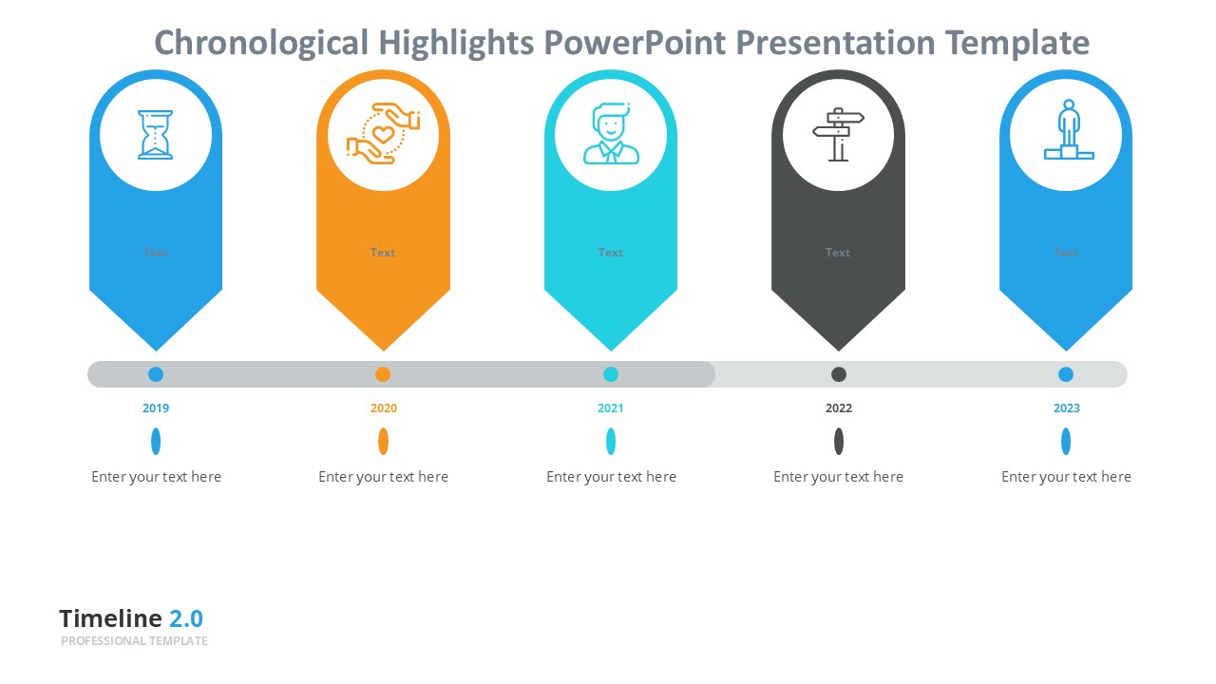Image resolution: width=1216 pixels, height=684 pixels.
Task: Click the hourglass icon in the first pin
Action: pos(156,135)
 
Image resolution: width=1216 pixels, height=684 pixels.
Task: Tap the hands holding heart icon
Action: pos(383,134)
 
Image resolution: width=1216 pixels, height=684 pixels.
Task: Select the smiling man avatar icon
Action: pos(611,135)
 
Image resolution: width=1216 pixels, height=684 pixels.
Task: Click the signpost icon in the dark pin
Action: pos(838,135)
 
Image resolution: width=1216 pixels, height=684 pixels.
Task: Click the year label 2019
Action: pos(156,408)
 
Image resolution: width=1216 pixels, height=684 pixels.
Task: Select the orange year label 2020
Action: pos(384,408)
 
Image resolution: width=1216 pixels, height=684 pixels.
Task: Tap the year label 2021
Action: pos(611,408)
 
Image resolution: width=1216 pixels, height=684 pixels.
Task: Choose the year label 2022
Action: pos(839,408)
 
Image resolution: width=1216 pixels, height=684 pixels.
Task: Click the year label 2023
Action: pos(1066,408)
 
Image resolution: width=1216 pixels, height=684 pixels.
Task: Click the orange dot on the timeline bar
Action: pos(383,374)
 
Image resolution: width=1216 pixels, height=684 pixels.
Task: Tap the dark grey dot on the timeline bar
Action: pos(839,374)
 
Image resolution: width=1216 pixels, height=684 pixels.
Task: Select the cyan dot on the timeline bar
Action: pos(611,374)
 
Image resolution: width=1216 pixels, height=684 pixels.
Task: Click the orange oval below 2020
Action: pos(383,442)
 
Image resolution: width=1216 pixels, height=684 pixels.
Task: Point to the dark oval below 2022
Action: pos(839,442)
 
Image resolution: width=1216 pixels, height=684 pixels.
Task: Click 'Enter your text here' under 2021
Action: pos(611,477)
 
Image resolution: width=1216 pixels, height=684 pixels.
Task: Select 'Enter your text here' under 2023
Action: pos(1066,477)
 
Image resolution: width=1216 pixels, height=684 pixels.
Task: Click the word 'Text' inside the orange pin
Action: pos(383,253)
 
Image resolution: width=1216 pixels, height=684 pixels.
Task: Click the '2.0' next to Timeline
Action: pos(186,618)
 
